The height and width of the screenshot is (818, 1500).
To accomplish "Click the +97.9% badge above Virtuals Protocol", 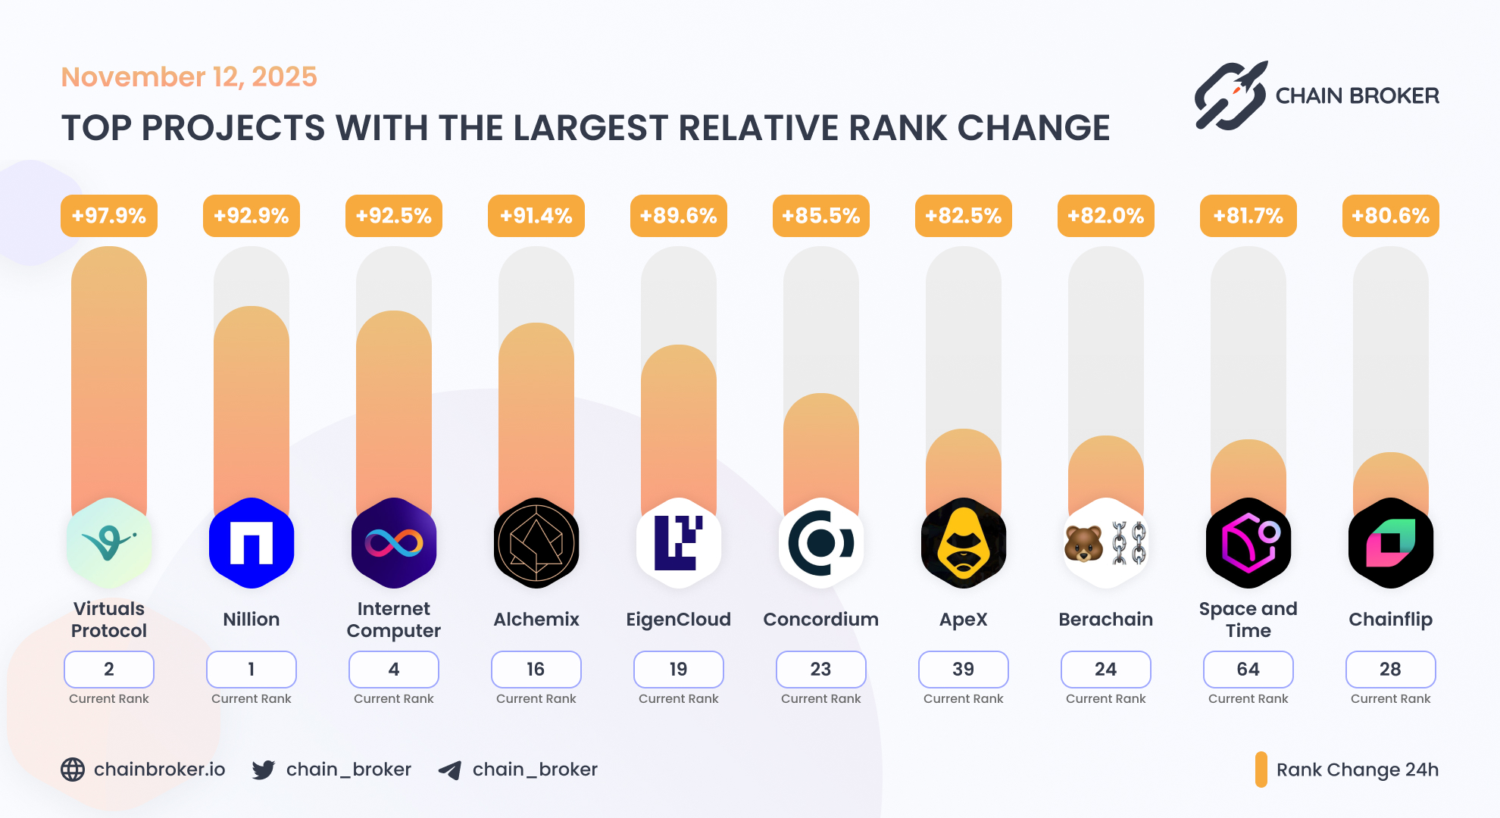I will pos(109,216).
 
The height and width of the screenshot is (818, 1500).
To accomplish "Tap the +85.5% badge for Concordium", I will pos(821,216).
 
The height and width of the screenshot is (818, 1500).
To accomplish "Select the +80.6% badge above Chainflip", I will pos(1391,216).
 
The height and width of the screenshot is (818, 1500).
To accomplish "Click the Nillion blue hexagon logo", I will pos(252,543).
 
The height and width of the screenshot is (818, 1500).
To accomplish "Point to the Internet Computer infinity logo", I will pos(394,543).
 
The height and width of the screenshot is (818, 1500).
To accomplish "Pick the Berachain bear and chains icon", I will pos(1106,543).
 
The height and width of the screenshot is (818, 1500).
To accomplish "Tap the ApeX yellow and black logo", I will pos(964,543).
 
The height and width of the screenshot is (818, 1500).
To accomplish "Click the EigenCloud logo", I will pos(679,543).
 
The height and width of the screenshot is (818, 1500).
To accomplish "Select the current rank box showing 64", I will pos(1248,670).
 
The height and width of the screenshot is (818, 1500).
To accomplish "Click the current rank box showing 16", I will pos(536,670).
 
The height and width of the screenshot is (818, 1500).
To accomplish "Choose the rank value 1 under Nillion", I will pos(252,670).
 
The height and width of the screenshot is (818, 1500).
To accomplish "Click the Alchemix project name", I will pos(536,620).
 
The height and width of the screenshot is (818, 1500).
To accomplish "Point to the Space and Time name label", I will pos(1248,620).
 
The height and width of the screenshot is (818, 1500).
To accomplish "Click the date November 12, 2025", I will pos(189,76).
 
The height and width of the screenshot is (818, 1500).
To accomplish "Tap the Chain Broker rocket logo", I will pos(1231,96).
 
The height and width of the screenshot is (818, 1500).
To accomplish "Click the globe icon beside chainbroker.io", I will pos(73,770).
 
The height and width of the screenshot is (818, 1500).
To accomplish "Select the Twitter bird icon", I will pos(264,770).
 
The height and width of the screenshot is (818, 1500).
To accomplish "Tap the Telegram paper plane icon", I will pos(450,770).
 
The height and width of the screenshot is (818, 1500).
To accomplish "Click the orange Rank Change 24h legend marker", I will pos(1261,770).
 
